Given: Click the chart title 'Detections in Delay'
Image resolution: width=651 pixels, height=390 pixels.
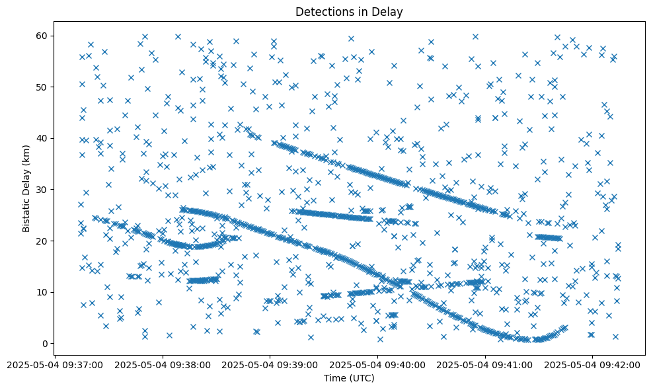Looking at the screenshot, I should click(349, 12).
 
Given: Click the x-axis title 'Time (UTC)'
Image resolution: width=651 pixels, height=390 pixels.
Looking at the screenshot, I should click(349, 378).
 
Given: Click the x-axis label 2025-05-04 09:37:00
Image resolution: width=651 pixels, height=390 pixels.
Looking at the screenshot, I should click(55, 364).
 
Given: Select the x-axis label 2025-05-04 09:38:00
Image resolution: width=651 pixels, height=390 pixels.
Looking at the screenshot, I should click(163, 364).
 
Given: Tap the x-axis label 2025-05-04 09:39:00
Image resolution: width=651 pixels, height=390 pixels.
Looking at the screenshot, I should click(270, 364).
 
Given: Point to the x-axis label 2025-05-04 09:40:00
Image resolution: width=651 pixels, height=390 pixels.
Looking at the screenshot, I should click(377, 364).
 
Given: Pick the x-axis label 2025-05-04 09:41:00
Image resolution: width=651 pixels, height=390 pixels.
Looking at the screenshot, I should click(485, 364).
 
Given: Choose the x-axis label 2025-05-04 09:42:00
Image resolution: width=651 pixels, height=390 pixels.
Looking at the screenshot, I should click(593, 364).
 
